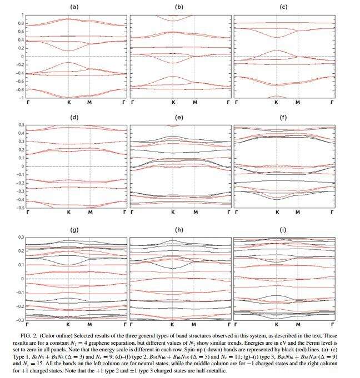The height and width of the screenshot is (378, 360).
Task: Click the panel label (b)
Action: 179,7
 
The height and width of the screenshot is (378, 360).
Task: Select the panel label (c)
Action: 283,7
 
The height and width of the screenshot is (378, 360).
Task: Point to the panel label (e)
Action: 179,118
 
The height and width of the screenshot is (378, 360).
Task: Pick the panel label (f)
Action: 283,118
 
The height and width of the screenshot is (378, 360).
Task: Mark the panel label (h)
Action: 179,229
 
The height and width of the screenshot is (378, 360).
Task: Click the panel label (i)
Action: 283,229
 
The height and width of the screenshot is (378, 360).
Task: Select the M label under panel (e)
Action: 194,213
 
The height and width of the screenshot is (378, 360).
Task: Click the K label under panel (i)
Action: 277,323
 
